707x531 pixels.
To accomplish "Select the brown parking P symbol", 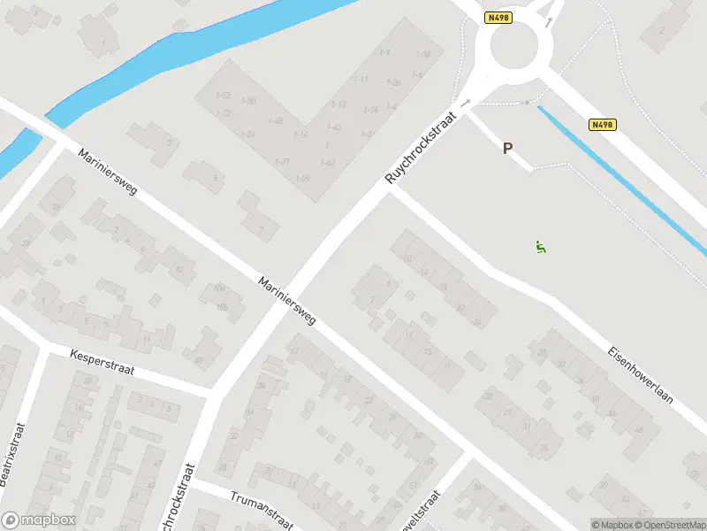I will click(507, 149).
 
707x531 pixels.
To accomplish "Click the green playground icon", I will click(540, 247).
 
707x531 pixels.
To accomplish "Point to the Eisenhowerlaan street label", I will click(641, 374).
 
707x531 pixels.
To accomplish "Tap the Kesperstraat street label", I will click(102, 361).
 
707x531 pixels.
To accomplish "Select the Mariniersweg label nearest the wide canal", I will click(107, 172).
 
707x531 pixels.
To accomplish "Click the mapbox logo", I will click(39, 520).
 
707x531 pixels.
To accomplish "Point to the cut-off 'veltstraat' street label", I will click(422, 512).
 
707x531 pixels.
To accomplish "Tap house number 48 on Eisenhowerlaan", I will click(639, 430).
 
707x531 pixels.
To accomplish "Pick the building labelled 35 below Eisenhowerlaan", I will click(543, 448).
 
